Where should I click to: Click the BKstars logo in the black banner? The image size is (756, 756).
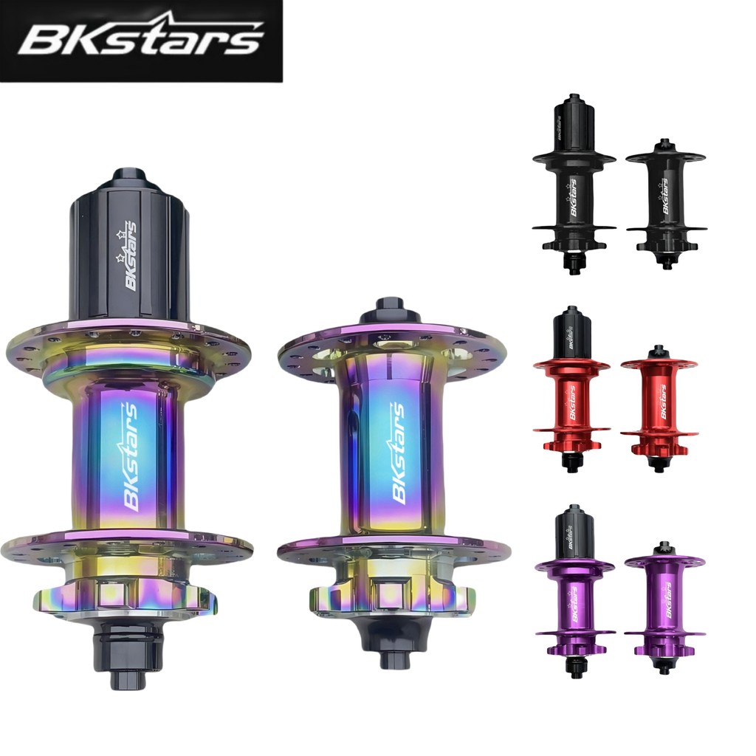[141, 37]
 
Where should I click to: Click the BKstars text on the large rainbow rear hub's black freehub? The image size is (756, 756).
[128, 256]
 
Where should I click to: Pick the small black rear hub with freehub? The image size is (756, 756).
[573, 184]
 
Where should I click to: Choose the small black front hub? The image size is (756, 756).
[666, 204]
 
